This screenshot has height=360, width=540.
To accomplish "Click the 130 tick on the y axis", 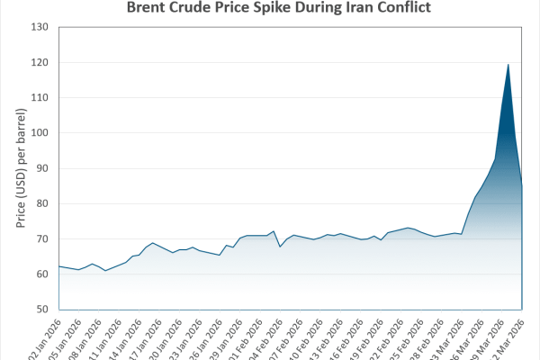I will point(39,27).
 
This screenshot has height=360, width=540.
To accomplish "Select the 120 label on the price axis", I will point(39,62).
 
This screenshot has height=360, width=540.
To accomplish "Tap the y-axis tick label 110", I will point(39,97).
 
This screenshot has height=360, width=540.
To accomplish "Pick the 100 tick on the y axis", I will point(39,132).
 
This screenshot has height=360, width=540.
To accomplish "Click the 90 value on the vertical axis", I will point(41,168).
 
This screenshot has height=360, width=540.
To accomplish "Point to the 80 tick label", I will point(41,203).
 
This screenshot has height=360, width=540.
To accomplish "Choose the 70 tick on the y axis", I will point(41,238).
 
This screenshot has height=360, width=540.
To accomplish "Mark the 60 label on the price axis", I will point(41,274).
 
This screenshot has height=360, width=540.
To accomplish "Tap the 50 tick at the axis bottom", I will point(41,309).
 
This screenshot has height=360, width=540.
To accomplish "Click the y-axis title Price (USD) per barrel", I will point(20,168).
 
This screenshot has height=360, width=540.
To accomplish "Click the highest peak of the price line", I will point(508,64).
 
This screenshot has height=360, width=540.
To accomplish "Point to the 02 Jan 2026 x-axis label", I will point(45,337).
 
